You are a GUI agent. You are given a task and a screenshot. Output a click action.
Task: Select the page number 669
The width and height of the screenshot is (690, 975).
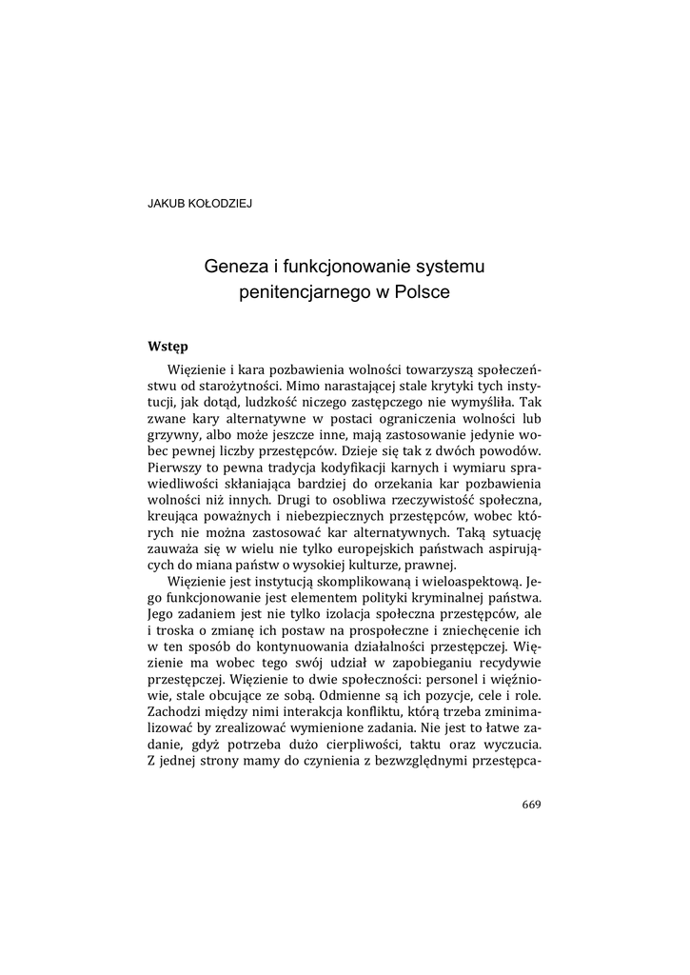531,805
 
